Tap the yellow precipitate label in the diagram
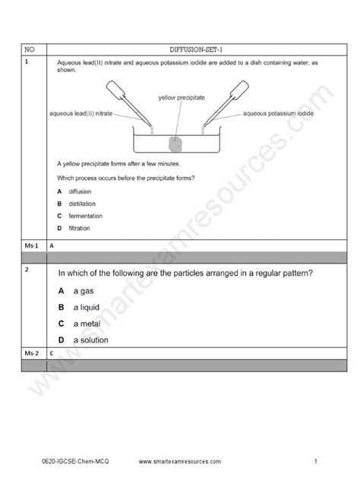tap(180, 98)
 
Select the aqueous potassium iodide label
tap(278, 113)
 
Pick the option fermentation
tap(80, 216)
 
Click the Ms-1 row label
tap(30, 246)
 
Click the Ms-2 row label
tap(30, 354)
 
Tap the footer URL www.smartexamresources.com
tap(181, 460)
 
